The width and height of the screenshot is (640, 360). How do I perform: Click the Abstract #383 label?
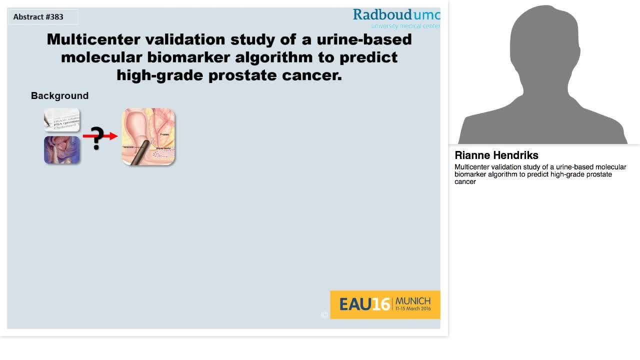pyautogui.click(x=38, y=17)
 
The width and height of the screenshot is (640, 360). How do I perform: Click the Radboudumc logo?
pyautogui.click(x=396, y=15)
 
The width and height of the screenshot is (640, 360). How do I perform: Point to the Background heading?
pyautogui.click(x=59, y=96)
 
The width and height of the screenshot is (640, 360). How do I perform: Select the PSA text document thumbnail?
pyautogui.click(x=61, y=120)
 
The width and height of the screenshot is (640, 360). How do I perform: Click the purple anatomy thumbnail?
pyautogui.click(x=61, y=150)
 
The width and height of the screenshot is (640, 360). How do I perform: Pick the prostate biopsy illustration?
pyautogui.click(x=148, y=136)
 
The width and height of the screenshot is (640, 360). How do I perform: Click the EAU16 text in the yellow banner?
pyautogui.click(x=364, y=304)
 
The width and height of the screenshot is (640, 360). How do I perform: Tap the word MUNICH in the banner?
pyautogui.click(x=412, y=301)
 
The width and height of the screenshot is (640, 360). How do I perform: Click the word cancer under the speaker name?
pyautogui.click(x=465, y=182)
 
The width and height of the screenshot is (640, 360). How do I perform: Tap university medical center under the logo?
pyautogui.click(x=405, y=26)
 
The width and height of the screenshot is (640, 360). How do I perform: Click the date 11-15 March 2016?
pyautogui.click(x=412, y=309)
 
